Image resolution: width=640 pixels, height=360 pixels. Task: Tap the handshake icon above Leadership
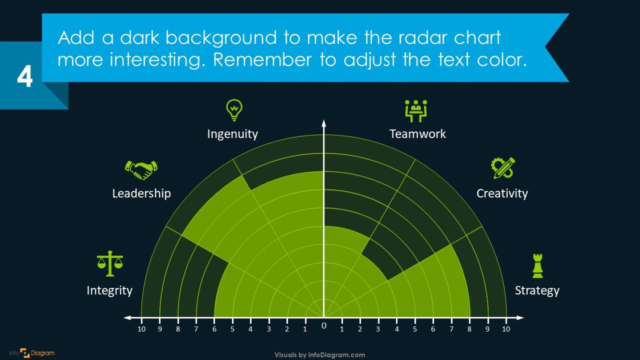click(x=141, y=170)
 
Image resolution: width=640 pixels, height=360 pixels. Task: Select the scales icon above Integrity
click(x=110, y=263)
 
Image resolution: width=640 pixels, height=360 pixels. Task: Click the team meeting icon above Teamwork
click(x=417, y=110)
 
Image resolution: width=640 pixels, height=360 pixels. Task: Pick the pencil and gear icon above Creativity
click(x=502, y=167)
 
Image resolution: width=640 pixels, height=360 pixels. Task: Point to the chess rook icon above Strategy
click(x=538, y=266)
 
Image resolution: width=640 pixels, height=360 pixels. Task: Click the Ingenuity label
click(x=233, y=134)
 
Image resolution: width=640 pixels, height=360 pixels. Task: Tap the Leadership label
click(x=141, y=193)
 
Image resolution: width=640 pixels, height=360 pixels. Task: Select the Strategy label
click(x=537, y=291)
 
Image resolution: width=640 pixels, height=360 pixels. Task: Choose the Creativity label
click(x=502, y=193)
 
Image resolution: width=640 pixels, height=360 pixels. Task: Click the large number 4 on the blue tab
click(x=25, y=77)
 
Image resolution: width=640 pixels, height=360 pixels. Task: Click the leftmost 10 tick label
click(x=141, y=329)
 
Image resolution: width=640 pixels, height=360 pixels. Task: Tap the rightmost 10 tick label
click(x=506, y=329)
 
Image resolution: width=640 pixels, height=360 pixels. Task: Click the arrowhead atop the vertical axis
click(x=323, y=124)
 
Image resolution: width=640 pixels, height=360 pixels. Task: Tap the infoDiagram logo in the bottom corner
click(x=32, y=353)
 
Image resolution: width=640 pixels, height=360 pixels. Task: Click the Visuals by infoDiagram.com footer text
click(x=320, y=355)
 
